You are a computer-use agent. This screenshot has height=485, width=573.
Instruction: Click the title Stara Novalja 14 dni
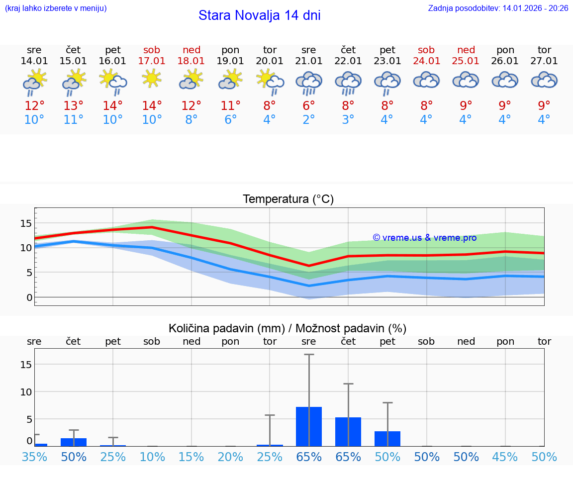tap(259, 15)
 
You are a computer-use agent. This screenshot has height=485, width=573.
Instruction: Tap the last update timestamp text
tap(498, 8)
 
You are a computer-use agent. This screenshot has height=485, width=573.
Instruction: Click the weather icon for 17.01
tap(152, 79)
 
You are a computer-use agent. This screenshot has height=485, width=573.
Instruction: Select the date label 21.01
tap(309, 61)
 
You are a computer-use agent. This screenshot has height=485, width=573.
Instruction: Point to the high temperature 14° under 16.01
tap(113, 105)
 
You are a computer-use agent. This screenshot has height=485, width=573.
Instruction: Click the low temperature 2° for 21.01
tap(309, 120)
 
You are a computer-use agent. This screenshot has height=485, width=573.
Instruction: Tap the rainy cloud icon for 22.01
tap(348, 82)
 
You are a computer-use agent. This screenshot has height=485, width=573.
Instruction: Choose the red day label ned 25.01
tap(466, 55)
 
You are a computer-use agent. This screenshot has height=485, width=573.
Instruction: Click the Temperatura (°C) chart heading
tap(288, 199)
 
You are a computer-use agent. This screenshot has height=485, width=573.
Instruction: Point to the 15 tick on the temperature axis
tap(26, 223)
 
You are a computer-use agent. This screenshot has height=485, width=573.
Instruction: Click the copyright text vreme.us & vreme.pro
tap(424, 238)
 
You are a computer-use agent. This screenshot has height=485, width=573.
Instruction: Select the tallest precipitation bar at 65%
tap(309, 426)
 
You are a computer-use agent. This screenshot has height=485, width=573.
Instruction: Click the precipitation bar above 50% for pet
tap(387, 438)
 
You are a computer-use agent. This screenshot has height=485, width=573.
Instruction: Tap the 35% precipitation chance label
tap(34, 457)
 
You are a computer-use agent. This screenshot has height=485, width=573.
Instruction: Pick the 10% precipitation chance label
tap(152, 457)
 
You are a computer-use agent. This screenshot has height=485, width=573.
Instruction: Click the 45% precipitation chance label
tap(505, 457)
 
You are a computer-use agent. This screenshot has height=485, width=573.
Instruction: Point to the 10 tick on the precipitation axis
tap(26, 391)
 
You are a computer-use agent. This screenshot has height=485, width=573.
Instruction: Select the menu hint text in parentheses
tap(56, 8)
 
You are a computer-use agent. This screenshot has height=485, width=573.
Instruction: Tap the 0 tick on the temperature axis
tap(29, 297)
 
